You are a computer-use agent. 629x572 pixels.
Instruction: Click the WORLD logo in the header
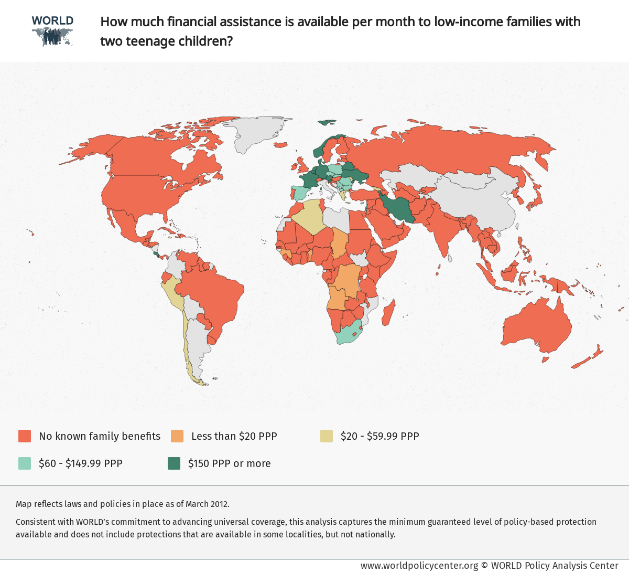tap(52, 31)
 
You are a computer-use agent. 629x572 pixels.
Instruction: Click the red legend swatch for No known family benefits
tap(25, 436)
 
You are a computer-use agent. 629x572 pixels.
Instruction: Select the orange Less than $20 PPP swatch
tap(177, 436)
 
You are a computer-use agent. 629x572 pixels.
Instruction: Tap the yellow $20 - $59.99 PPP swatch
tap(327, 436)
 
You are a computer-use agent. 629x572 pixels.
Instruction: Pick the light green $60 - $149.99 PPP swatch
tap(25, 463)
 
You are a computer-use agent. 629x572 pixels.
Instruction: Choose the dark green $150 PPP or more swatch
tap(174, 463)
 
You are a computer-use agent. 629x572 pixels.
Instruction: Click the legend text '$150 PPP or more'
tap(229, 463)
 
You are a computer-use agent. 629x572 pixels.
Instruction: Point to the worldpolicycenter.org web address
tap(419, 565)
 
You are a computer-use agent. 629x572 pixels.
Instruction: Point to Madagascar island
tap(388, 312)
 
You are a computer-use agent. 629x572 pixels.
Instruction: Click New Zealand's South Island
tap(582, 362)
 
